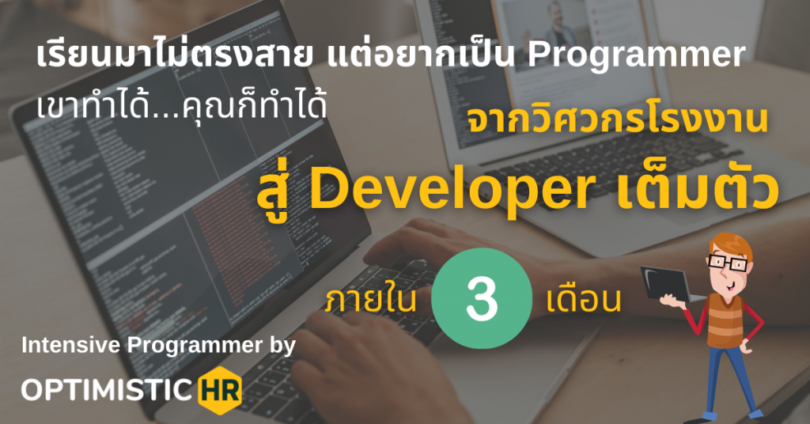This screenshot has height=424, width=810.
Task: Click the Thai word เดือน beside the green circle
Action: tap(583, 301)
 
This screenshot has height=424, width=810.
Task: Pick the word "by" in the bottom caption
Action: tap(280, 346)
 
